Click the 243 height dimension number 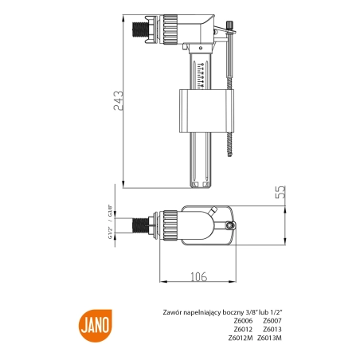click(118, 100)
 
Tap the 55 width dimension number click(280, 192)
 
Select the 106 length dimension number click(198, 277)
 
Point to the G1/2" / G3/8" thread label click(110, 221)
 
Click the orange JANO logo click(96, 326)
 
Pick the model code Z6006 click(243, 321)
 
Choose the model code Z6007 click(272, 321)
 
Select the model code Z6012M click(241, 338)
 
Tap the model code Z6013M click(269, 338)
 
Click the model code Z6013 click(272, 329)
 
